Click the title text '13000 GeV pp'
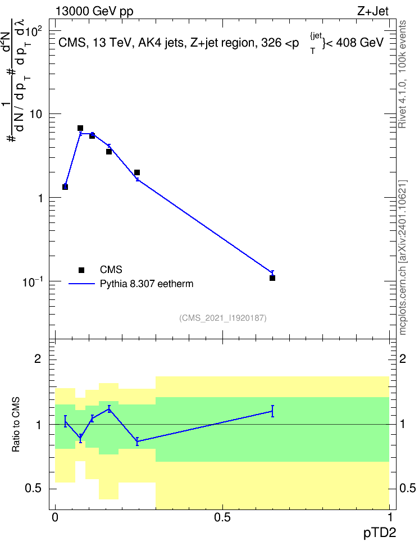(x=94, y=12)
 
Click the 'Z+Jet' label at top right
(x=373, y=11)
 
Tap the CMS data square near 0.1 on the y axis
(x=272, y=278)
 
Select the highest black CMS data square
(x=80, y=128)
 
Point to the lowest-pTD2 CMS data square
(x=65, y=187)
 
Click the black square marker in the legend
(x=81, y=270)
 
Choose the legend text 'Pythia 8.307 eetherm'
(x=146, y=284)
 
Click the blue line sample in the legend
(x=81, y=284)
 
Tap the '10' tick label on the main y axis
(x=36, y=114)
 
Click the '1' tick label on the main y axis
(x=40, y=198)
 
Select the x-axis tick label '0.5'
(x=222, y=517)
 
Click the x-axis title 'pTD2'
(x=380, y=533)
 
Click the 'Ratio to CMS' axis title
(x=16, y=425)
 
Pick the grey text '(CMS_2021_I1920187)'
(x=223, y=318)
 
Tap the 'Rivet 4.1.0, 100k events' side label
(x=402, y=74)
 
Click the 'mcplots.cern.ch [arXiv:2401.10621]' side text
(x=403, y=257)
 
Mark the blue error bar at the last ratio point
(x=272, y=411)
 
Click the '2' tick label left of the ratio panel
(x=38, y=358)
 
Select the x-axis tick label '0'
(x=55, y=517)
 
